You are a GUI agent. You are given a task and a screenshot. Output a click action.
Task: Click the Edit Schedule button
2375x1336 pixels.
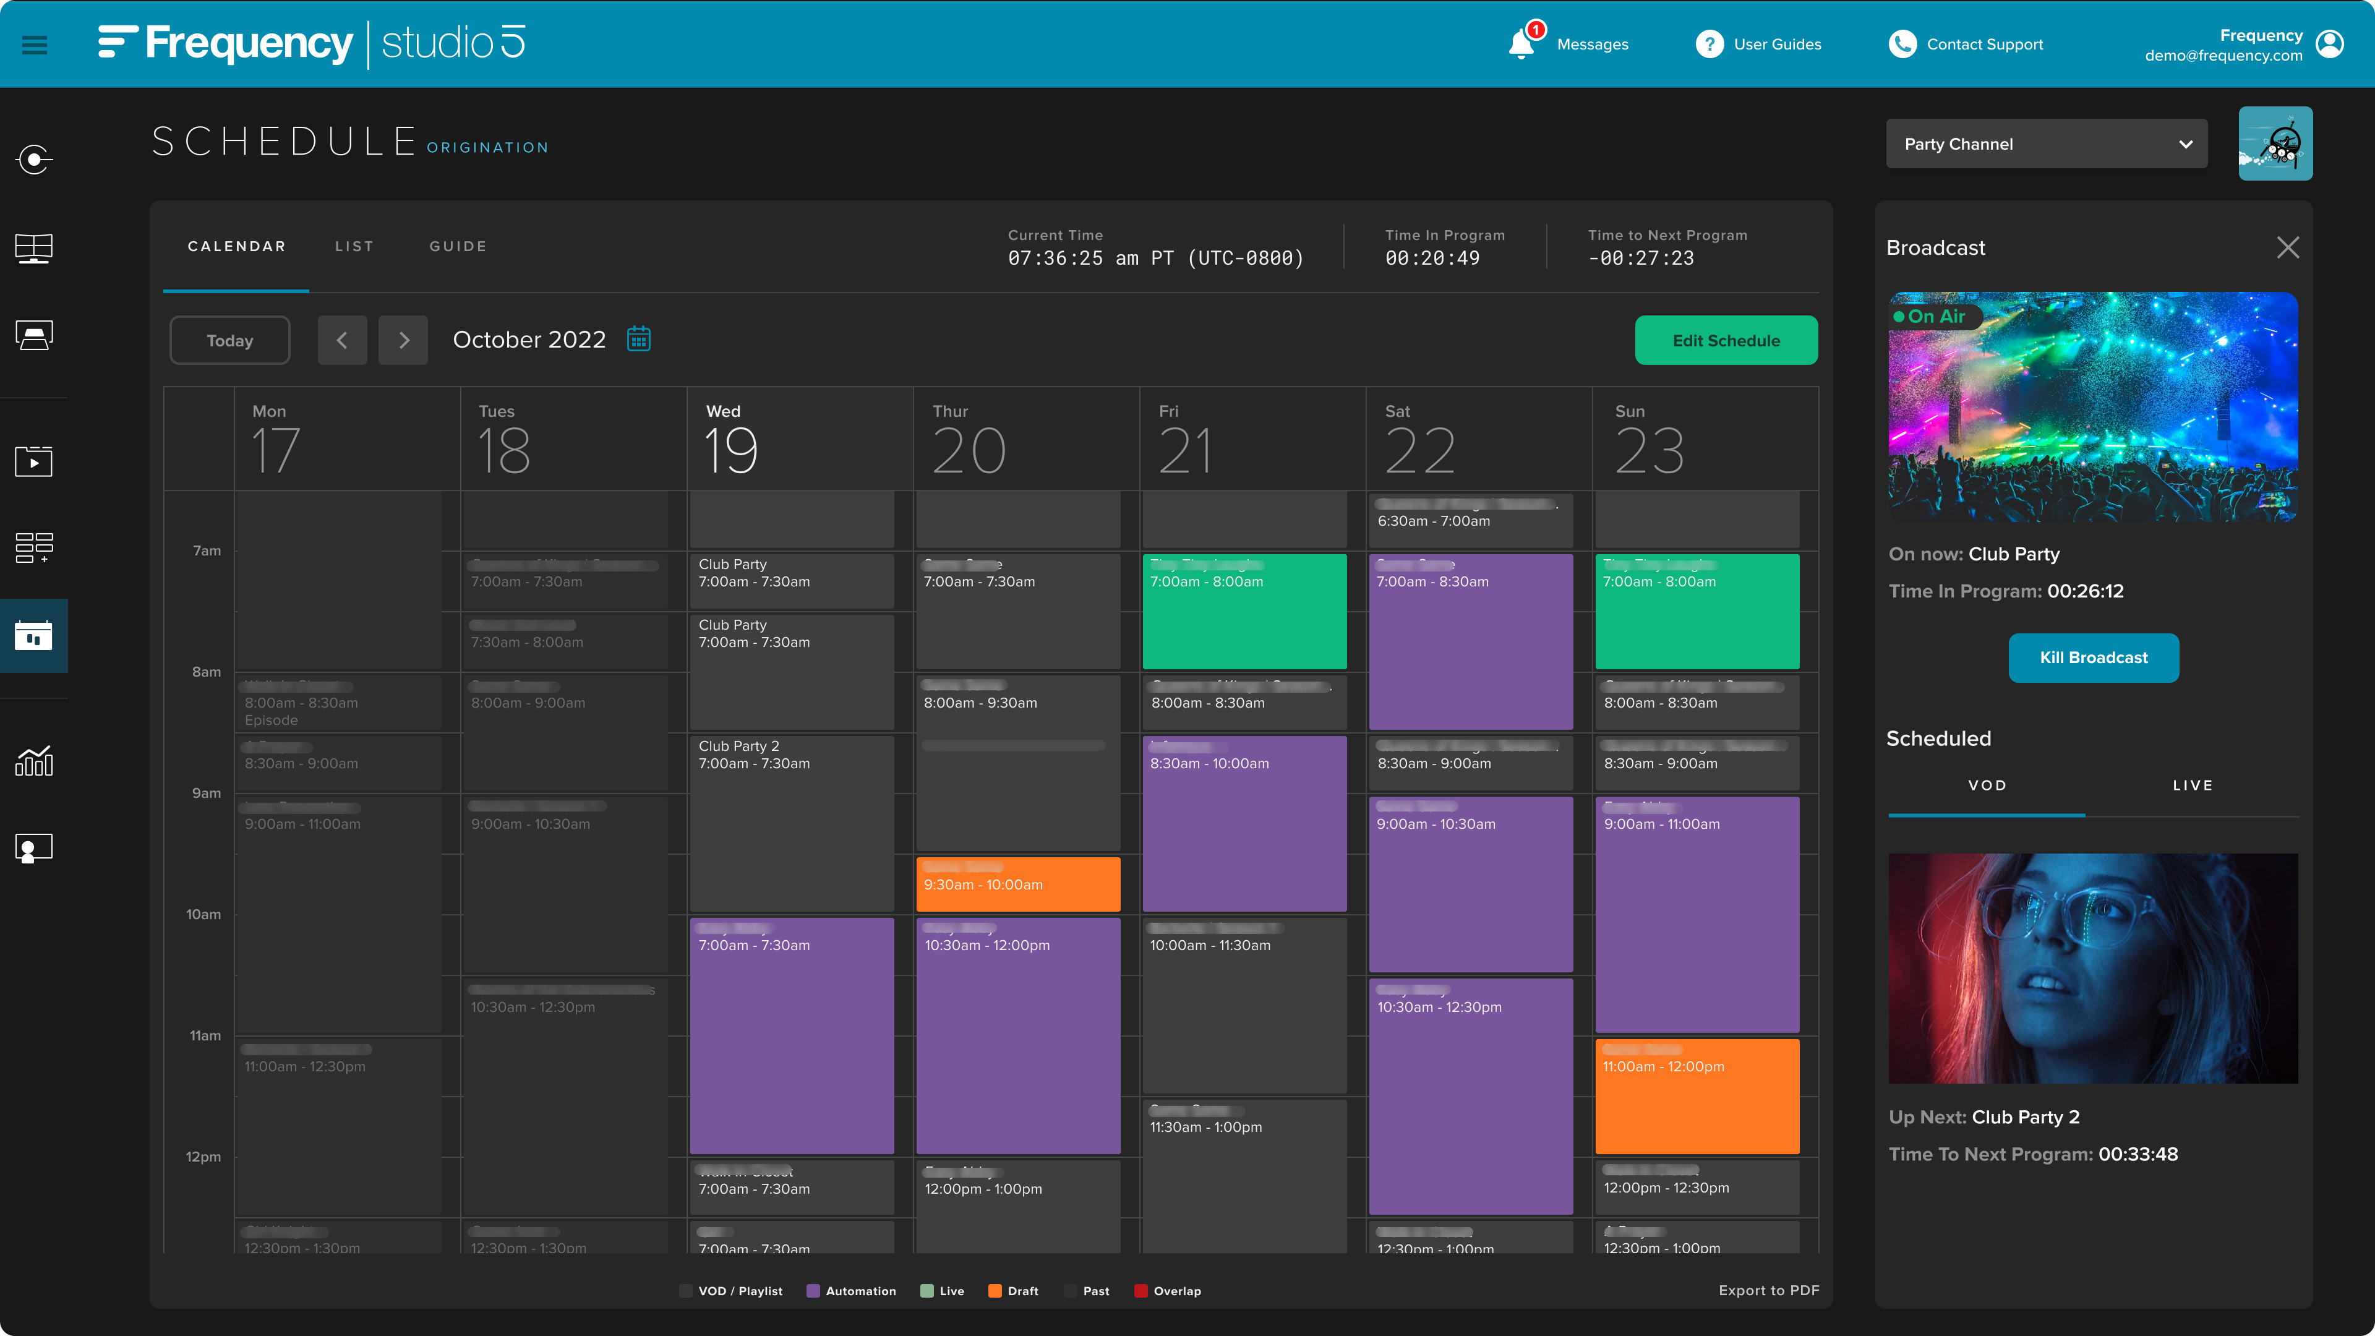tap(1725, 340)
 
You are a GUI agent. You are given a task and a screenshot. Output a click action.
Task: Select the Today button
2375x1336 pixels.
tap(229, 340)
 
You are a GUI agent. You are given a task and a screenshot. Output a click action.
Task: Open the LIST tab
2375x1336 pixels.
tap(354, 246)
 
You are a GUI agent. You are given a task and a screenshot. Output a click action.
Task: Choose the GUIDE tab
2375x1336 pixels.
tap(457, 246)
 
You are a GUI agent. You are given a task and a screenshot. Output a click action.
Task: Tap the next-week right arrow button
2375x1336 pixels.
tap(403, 340)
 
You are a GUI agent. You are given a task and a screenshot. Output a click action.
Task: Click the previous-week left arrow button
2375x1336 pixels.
tap(342, 340)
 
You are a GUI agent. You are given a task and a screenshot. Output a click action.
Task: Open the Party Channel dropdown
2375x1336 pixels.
tap(2046, 144)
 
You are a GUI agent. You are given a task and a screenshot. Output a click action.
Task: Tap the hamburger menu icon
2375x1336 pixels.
tap(34, 45)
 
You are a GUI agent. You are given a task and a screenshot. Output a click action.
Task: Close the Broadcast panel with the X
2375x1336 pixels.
tap(2287, 247)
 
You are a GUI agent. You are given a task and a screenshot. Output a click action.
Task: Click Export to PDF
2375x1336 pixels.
tap(1768, 1290)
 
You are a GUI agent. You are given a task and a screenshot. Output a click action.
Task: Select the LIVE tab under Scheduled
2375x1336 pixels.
tap(2191, 786)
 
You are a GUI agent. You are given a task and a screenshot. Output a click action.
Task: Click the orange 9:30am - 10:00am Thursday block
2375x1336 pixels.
tap(1018, 884)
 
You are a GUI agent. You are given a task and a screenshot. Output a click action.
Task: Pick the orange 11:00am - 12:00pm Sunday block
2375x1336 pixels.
tap(1697, 1095)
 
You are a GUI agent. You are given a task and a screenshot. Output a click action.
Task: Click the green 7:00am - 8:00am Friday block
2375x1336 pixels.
tap(1244, 611)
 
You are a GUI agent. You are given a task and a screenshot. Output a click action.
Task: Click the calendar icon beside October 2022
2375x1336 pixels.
tap(639, 340)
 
